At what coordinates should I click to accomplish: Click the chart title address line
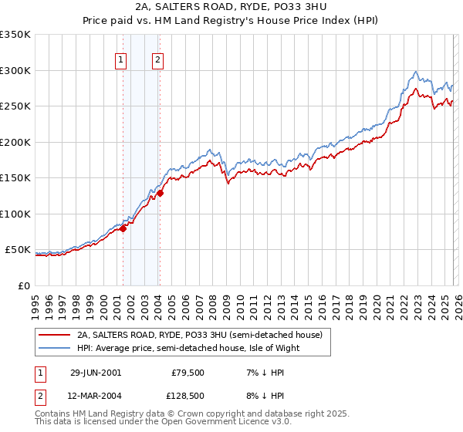click(x=231, y=7)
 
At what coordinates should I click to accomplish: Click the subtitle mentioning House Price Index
click(x=231, y=21)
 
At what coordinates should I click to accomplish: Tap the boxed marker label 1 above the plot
click(x=122, y=61)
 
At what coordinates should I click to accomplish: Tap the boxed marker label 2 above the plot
click(x=157, y=61)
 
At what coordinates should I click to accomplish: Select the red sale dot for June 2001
click(x=123, y=228)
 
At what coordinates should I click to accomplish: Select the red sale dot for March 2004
click(x=160, y=194)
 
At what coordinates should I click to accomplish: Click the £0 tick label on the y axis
click(x=23, y=285)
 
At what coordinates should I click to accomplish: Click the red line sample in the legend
click(x=55, y=335)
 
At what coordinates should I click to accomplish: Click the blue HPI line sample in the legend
click(x=55, y=348)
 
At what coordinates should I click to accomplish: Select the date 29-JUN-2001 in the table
click(x=95, y=372)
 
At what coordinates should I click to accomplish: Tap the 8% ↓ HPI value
click(x=264, y=395)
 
